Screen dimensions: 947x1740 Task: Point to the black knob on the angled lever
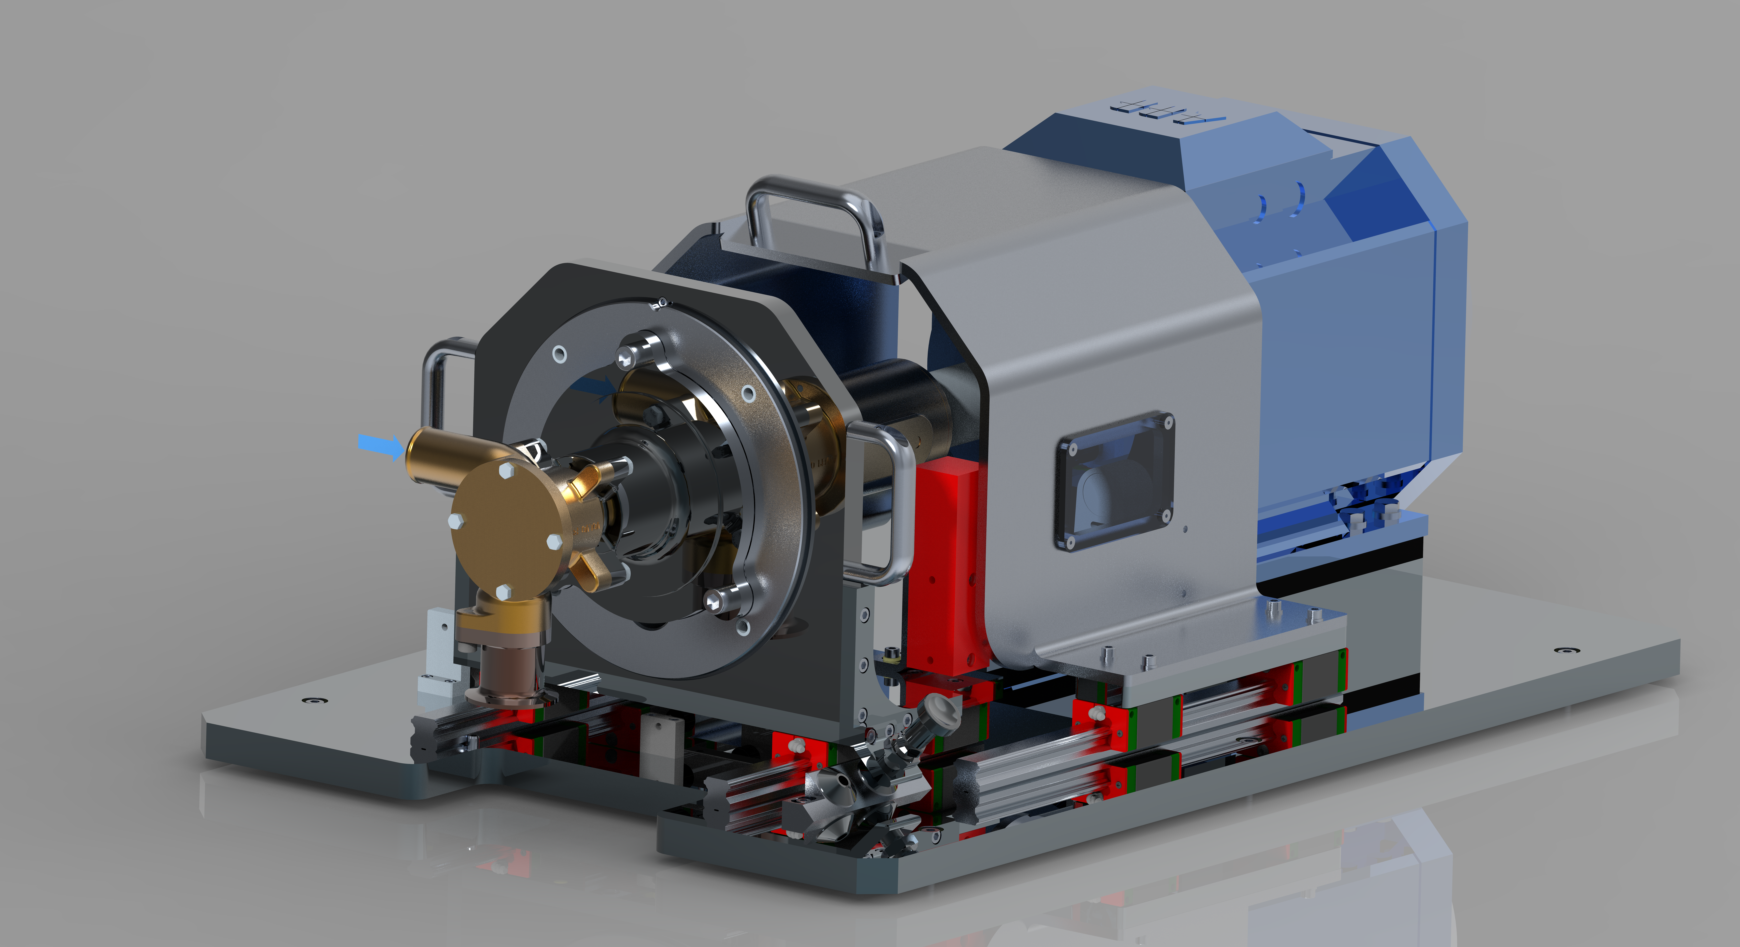click(940, 709)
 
